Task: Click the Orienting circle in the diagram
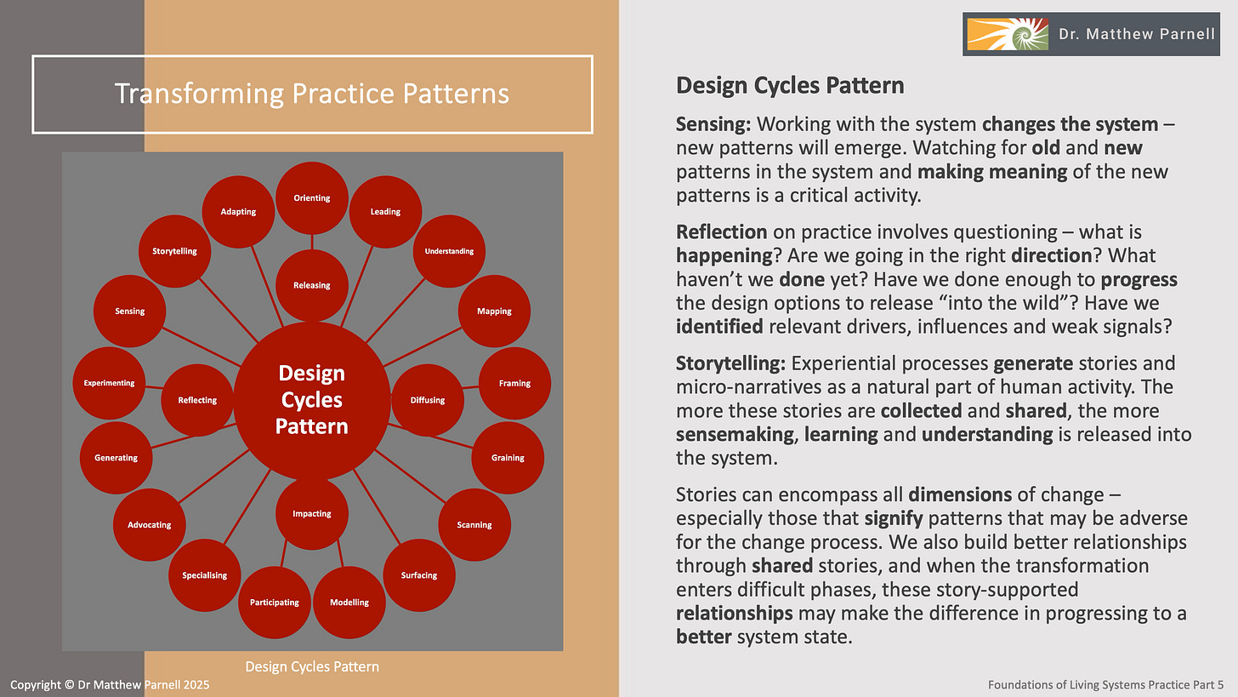[x=312, y=198]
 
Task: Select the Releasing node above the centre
[x=312, y=285]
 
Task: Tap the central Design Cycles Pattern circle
[x=312, y=400]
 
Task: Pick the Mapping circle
[x=494, y=311]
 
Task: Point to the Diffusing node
[x=428, y=400]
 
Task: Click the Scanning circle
[x=474, y=524]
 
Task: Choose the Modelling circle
[x=349, y=602]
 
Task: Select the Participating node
[x=275, y=602]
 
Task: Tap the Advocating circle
[x=150, y=524]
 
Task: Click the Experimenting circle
[x=110, y=383]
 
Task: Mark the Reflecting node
[x=197, y=400]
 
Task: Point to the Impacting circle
[x=312, y=513]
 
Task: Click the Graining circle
[x=508, y=457]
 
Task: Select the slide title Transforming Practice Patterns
[x=312, y=94]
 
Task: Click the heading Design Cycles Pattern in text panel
[x=790, y=85]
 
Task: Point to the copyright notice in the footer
[x=110, y=684]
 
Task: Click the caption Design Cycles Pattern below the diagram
[x=312, y=666]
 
